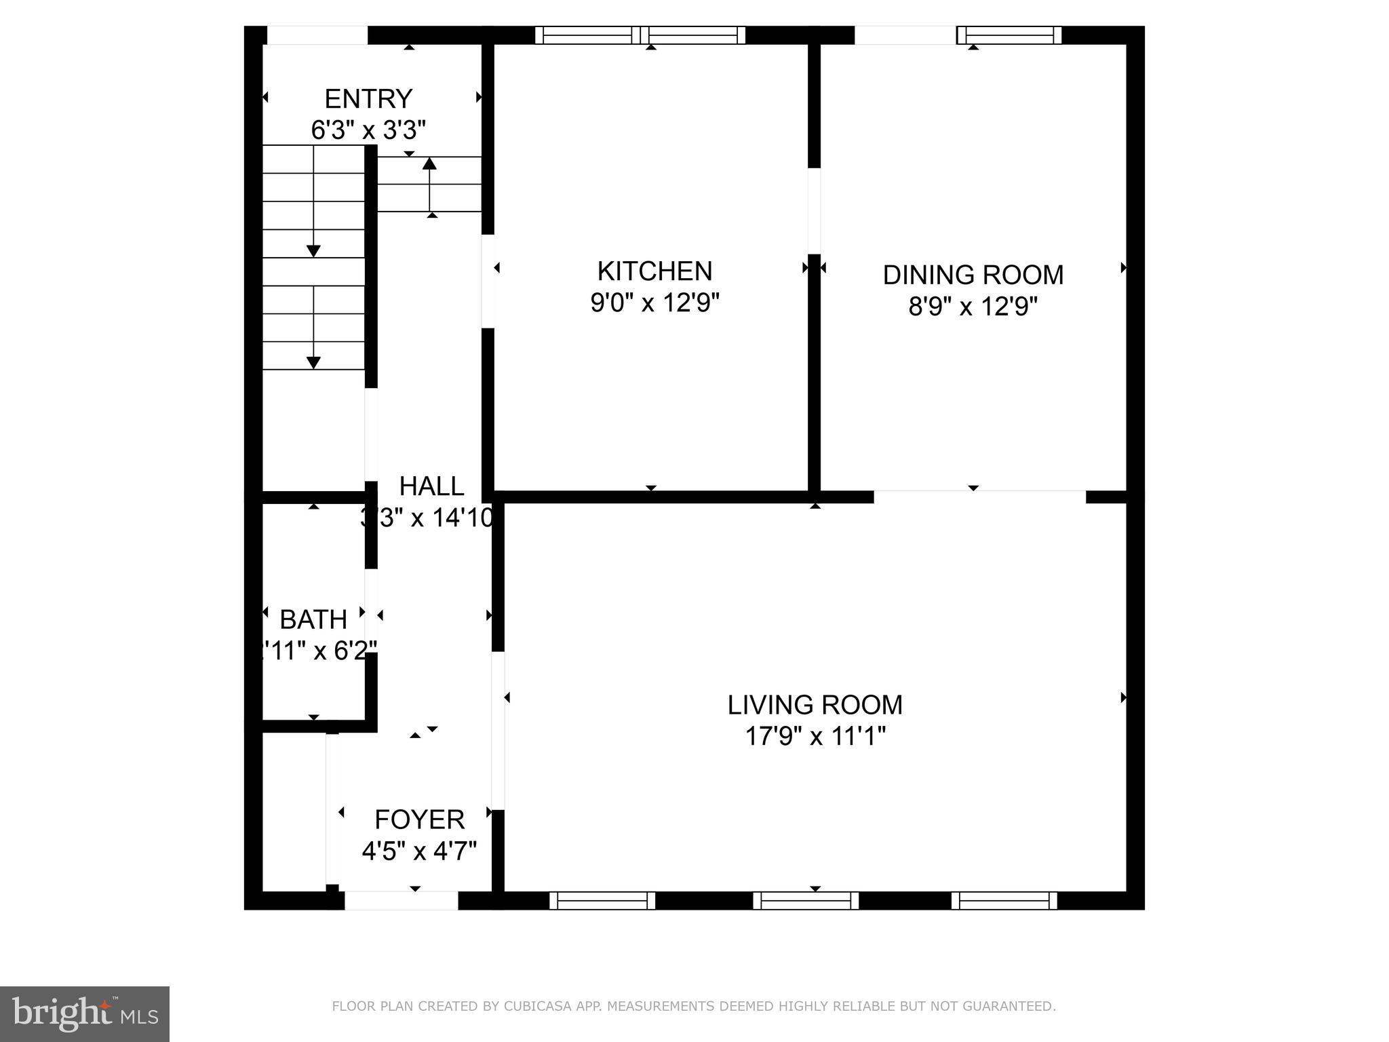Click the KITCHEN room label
[654, 271]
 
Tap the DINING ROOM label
[973, 275]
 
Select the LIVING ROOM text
[815, 705]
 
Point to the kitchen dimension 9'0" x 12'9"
[654, 303]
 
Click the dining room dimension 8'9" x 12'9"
[973, 307]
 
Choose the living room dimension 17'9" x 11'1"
[815, 736]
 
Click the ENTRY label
[368, 99]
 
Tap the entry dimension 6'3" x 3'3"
[368, 130]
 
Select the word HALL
[431, 486]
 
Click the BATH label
[313, 619]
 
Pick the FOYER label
[419, 819]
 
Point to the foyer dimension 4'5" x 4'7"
[419, 851]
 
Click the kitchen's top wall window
[640, 35]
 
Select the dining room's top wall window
[1009, 35]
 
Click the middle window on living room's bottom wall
[806, 901]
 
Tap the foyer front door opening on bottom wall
[402, 901]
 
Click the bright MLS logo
[84, 1014]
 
